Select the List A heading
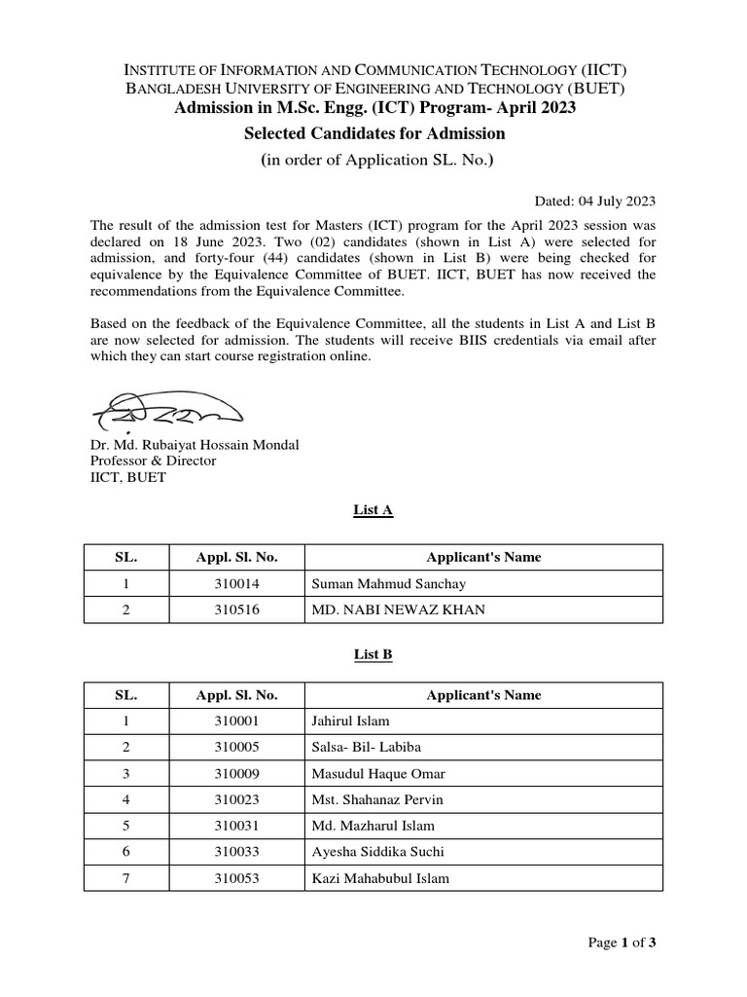click(373, 509)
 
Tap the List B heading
click(373, 655)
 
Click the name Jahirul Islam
click(350, 721)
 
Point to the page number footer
click(628, 942)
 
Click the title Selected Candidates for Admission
click(373, 132)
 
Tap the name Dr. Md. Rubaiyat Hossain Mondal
click(195, 445)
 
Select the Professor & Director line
click(153, 461)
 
